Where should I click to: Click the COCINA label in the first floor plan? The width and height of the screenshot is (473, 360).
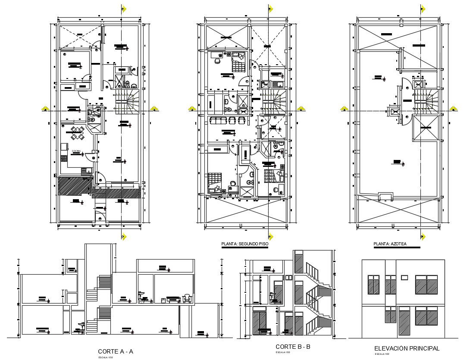76,151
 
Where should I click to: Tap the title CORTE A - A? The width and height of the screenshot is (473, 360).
115,351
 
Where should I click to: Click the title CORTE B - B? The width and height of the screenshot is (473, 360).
293,347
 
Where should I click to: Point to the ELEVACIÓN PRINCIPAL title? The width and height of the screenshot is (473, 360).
407,348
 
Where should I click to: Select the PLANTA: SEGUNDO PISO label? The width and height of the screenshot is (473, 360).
244,244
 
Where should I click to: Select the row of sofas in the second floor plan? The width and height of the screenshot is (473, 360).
228,120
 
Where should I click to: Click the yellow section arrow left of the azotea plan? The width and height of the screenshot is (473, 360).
345,109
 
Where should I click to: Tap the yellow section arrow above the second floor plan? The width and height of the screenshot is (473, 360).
270,8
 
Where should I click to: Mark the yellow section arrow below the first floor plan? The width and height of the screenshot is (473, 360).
124,236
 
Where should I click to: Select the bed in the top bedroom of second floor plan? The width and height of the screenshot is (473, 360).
237,66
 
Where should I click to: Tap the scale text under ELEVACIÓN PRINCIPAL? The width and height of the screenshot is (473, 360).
379,354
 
